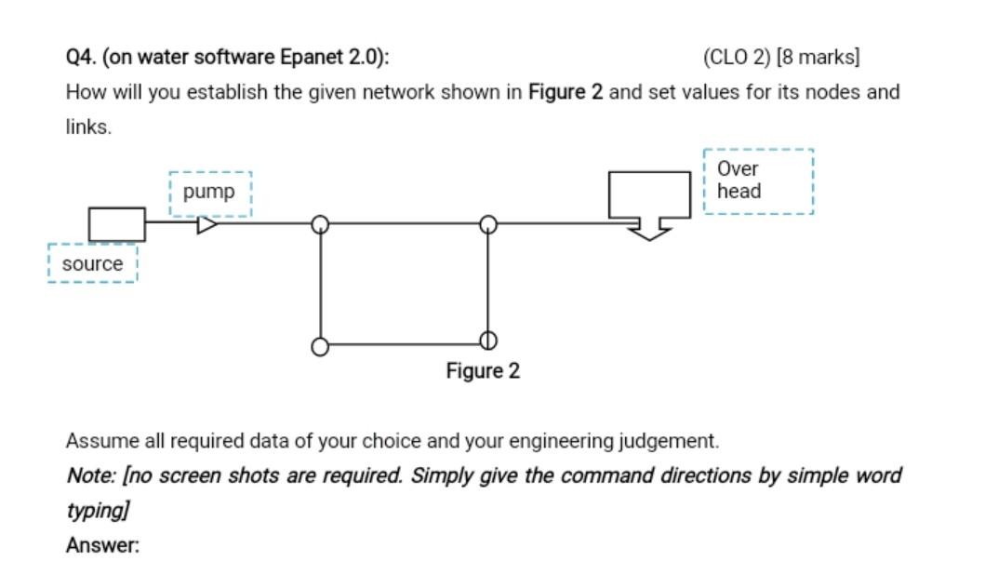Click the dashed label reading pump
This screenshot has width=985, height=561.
[209, 193]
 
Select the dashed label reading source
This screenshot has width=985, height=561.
[92, 263]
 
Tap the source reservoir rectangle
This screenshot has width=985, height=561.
[117, 224]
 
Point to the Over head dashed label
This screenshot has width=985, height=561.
[757, 180]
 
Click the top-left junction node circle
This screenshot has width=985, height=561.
[320, 224]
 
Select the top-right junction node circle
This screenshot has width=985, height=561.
[487, 224]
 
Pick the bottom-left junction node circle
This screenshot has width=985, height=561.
[320, 346]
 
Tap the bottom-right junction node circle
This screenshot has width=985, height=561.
[487, 341]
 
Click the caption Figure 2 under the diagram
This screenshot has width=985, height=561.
[483, 371]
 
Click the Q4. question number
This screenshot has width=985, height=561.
[81, 57]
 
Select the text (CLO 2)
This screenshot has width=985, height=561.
[737, 57]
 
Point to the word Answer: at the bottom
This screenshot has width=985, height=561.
[102, 546]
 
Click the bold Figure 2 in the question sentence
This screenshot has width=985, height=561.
[566, 92]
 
